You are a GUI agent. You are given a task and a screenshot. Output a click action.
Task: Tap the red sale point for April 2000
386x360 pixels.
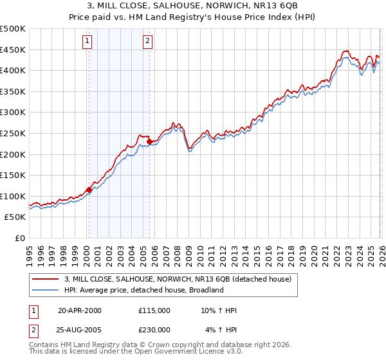(89, 190)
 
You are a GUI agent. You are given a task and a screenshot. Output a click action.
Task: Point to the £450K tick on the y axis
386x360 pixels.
(14, 50)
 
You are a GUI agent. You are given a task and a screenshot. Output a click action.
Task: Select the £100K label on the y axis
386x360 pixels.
(14, 196)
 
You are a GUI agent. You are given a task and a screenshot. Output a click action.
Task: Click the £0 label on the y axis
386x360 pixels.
(20, 238)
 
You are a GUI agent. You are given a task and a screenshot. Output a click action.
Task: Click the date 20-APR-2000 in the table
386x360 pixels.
(80, 310)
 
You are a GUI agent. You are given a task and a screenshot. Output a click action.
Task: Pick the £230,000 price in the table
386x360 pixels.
(154, 329)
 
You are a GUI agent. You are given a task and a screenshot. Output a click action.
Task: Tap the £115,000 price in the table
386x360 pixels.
(154, 310)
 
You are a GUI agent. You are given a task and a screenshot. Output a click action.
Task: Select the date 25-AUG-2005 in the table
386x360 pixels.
(80, 329)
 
